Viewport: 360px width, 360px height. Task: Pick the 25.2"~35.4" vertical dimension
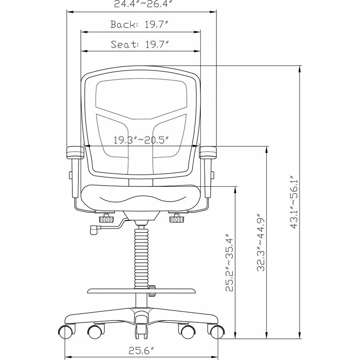coord(229,262)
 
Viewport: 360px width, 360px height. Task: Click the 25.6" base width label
coord(141,351)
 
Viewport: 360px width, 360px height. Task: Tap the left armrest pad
coord(74,152)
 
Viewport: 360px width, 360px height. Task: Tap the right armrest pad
coord(208,152)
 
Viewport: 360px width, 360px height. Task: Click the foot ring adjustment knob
coord(152,290)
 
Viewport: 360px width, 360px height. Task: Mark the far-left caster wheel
coord(65,332)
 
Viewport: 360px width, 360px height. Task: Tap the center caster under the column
coord(140,330)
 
